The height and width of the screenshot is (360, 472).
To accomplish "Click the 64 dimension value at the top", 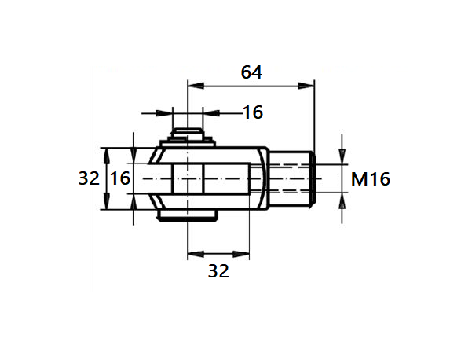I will coord(251,72).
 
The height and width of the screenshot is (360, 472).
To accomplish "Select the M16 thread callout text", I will coord(370,179).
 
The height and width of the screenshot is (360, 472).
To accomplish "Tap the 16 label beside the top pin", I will coord(251,112).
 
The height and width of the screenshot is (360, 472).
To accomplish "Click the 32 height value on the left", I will coord(89,178).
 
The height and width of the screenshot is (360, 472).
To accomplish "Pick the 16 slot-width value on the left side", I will coord(119,178).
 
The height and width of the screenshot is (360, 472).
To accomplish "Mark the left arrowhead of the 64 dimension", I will coord(193,85).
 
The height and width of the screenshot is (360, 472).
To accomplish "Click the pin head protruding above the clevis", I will coord(188,134).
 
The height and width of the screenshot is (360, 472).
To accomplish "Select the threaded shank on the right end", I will coord(294,179).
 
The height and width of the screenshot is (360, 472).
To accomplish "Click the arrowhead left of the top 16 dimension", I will coord(181,112).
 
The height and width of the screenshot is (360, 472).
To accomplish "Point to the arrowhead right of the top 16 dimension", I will coord(209,112).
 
